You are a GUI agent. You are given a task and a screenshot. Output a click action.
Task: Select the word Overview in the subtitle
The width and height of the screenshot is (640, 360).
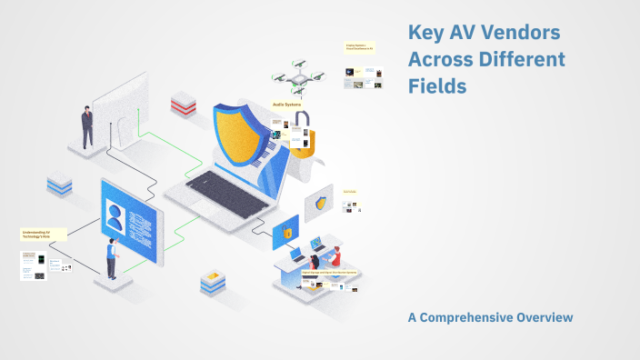[545, 317]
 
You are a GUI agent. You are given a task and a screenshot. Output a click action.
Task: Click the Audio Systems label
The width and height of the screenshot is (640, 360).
[285, 105]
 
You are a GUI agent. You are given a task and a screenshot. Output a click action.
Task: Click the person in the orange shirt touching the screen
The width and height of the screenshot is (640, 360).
[112, 258]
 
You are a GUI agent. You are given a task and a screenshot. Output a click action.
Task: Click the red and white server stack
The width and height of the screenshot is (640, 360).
[183, 101]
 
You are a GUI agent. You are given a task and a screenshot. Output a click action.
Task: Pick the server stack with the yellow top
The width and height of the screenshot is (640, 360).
[213, 283]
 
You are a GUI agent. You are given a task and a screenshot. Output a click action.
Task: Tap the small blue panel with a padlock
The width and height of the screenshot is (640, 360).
[285, 232]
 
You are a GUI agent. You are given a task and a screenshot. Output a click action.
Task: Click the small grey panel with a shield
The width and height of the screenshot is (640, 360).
[319, 204]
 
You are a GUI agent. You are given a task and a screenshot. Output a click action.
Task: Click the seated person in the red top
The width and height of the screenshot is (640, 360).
[335, 255]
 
